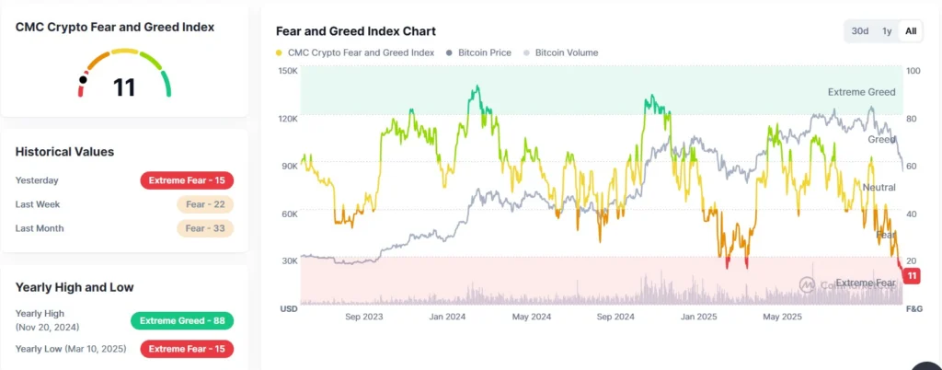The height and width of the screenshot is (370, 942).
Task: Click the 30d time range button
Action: click(859, 31)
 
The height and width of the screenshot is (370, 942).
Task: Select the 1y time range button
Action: click(887, 31)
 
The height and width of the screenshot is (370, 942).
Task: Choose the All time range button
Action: click(911, 31)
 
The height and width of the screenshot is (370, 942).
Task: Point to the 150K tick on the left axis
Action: click(288, 71)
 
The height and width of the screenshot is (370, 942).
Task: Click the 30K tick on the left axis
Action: click(288, 261)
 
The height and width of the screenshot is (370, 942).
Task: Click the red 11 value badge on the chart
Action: click(912, 276)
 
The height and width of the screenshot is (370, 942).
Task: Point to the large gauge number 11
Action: click(124, 87)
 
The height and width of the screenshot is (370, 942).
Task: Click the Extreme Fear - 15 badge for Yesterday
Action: click(187, 180)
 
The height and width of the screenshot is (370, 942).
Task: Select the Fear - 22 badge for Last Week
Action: click(205, 204)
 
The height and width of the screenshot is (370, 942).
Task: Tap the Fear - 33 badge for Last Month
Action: click(205, 228)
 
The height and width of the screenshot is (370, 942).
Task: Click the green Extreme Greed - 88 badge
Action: click(181, 320)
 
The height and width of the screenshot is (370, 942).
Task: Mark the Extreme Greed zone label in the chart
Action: click(861, 92)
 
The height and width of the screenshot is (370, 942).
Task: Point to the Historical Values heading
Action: click(64, 152)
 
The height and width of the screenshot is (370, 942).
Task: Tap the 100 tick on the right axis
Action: click(913, 71)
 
